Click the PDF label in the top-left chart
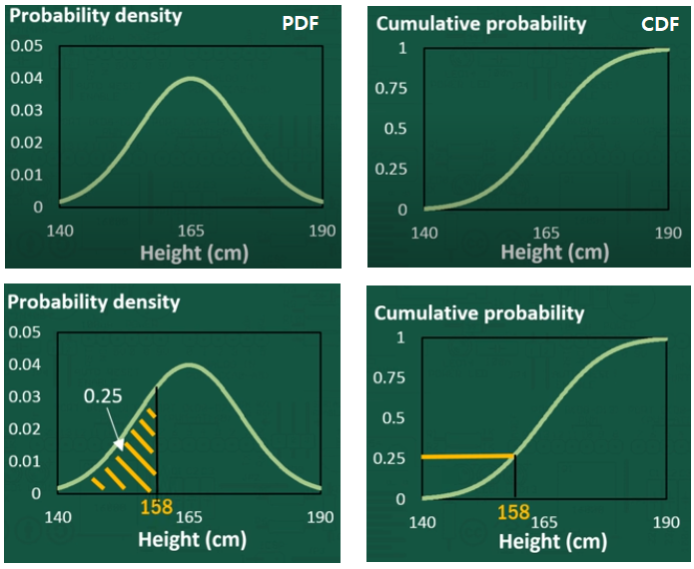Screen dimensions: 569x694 301,23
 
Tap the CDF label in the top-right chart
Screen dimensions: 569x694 659,23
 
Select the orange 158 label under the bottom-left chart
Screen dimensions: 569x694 156,507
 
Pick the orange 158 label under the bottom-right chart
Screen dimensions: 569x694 513,512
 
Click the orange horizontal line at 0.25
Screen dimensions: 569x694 467,456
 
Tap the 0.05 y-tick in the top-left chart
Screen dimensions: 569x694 26,46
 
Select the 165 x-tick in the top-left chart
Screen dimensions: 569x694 190,229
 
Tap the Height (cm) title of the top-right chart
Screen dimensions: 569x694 554,253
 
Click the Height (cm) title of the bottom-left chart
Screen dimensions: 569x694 192,539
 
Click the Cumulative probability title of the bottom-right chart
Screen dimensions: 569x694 478,313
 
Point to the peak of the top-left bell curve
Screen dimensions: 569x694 190,79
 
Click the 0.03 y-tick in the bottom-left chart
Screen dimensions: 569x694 26,396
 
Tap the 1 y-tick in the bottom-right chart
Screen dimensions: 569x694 401,337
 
